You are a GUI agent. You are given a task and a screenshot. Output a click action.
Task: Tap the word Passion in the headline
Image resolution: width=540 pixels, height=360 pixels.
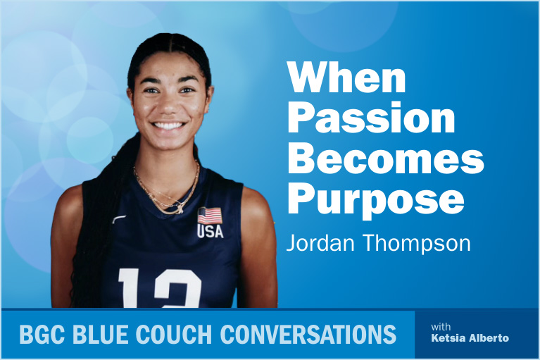coord(370,119)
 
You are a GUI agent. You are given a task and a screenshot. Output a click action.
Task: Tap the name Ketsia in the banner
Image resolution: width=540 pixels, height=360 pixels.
coord(448,339)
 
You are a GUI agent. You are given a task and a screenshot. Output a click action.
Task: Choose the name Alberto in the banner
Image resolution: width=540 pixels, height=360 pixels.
coord(490,339)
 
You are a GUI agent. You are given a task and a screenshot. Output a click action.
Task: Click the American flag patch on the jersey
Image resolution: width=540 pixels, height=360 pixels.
coord(209,215)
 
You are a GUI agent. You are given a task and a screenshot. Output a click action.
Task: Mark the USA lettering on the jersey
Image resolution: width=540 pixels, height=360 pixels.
coord(210,231)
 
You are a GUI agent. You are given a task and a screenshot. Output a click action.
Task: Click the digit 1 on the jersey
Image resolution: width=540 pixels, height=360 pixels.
coord(132,289)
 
